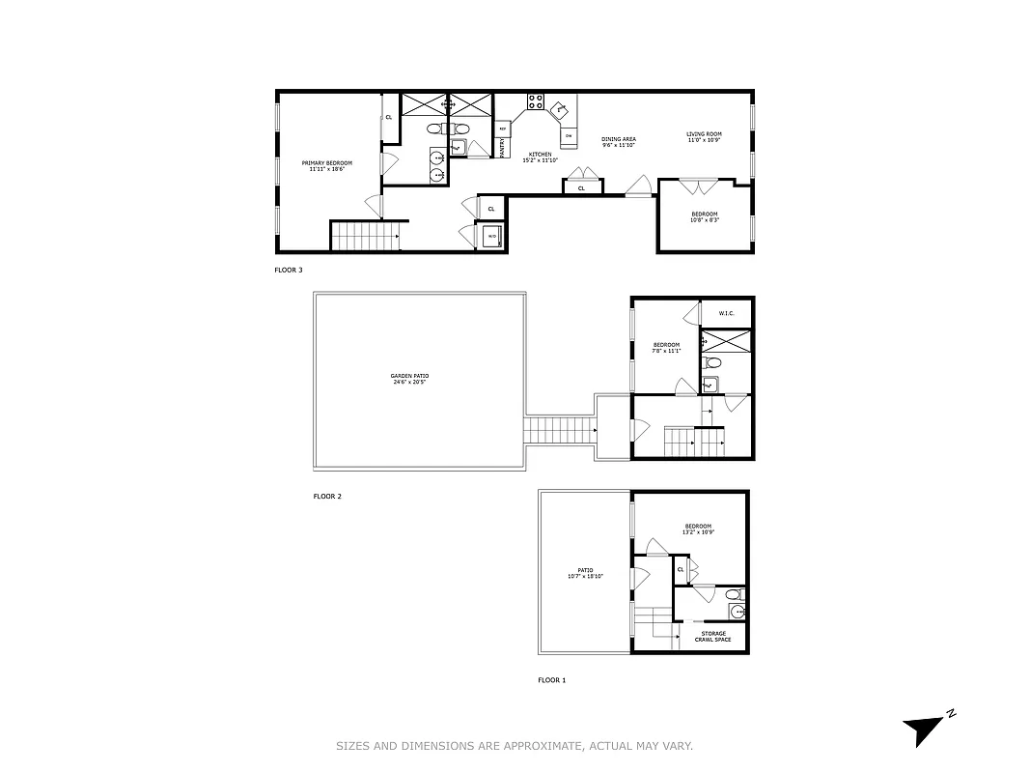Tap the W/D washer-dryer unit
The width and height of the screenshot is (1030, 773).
(491, 237)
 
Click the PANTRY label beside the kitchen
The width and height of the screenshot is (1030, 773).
(502, 147)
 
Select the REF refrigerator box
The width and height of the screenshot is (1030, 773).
(503, 128)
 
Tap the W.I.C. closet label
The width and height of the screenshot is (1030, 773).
(726, 312)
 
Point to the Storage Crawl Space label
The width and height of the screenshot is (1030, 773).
(713, 637)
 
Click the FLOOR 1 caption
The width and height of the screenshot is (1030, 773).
(551, 680)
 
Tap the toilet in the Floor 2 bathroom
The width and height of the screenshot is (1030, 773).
(711, 362)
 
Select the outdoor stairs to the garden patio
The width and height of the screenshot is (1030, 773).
(559, 430)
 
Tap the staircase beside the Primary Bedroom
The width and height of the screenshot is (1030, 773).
(365, 235)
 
